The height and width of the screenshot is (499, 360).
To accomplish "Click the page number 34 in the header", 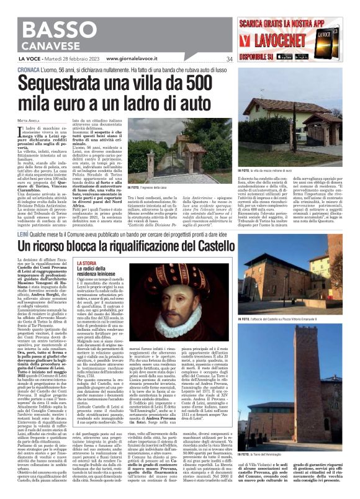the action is click(246, 60).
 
